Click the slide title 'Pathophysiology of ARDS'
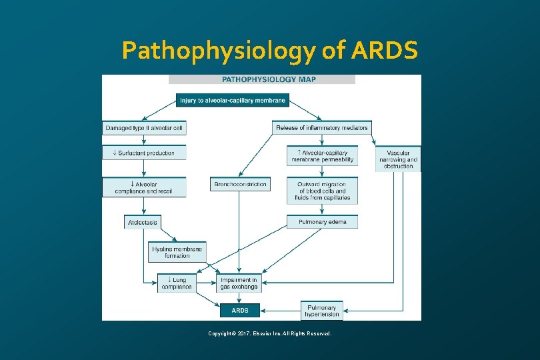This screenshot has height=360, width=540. [x=270, y=51]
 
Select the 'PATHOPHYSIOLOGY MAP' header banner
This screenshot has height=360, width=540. [x=262, y=79]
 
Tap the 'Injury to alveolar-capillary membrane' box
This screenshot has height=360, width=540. [x=233, y=101]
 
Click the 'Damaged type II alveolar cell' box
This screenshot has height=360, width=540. [x=144, y=127]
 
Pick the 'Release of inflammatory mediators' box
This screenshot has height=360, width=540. [x=321, y=127]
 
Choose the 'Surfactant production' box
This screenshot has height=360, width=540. [x=144, y=153]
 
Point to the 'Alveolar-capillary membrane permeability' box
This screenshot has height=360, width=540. [x=322, y=156]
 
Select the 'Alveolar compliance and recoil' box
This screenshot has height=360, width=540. [x=144, y=187]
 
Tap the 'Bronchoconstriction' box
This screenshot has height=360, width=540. [x=241, y=184]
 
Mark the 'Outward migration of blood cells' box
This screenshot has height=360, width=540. [x=322, y=190]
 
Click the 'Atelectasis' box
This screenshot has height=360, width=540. [x=142, y=222]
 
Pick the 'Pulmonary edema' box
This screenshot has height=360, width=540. [x=322, y=222]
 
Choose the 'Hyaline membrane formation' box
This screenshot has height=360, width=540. [x=177, y=252]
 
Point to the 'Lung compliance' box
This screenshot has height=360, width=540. [x=177, y=283]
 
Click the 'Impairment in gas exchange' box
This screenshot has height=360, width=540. [x=239, y=283]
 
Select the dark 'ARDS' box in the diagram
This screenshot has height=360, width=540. [x=240, y=311]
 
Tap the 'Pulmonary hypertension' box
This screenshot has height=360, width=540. [x=322, y=311]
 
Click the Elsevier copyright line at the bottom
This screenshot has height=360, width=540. [x=269, y=333]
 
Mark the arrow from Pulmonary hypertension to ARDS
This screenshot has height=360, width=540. [x=280, y=311]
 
